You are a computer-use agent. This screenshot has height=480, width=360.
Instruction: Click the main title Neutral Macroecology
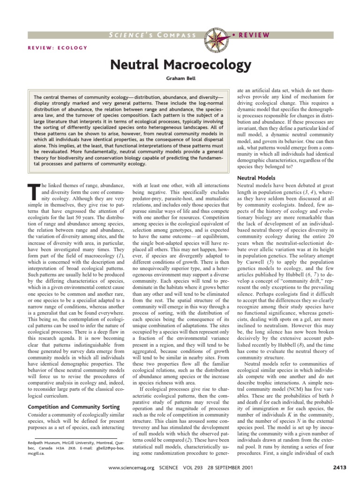click(180, 64)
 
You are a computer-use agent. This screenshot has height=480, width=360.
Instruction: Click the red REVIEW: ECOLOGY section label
click(58, 47)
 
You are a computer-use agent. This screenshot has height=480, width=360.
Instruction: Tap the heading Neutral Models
click(256, 179)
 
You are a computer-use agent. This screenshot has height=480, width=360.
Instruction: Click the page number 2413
click(324, 469)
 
